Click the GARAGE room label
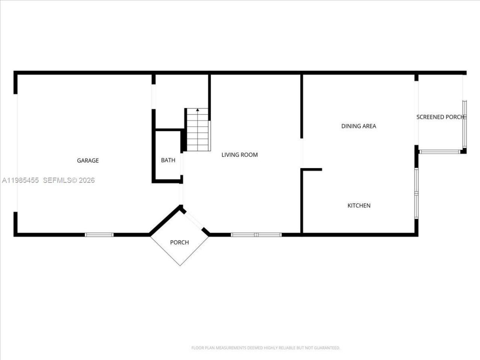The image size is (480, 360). (x=88, y=160)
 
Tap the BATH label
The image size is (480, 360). (x=168, y=160)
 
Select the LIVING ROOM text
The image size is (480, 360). (x=239, y=154)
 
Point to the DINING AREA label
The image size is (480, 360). (x=358, y=126)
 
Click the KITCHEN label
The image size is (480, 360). (x=359, y=205)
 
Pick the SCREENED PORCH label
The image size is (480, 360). (x=441, y=117)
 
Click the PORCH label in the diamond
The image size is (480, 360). (x=179, y=242)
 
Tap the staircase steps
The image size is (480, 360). (x=198, y=131)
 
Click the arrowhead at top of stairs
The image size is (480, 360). (x=198, y=110)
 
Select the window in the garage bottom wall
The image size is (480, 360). (x=99, y=235)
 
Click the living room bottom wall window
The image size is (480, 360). (x=256, y=235)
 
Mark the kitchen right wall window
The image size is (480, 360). (x=416, y=193)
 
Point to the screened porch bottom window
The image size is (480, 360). (x=439, y=152)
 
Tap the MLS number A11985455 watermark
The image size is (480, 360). (x=21, y=180)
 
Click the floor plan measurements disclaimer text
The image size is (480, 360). (x=265, y=348)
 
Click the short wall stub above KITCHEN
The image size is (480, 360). (x=312, y=169)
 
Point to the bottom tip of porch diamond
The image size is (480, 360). (x=180, y=265)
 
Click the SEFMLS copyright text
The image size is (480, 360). (x=69, y=180)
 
